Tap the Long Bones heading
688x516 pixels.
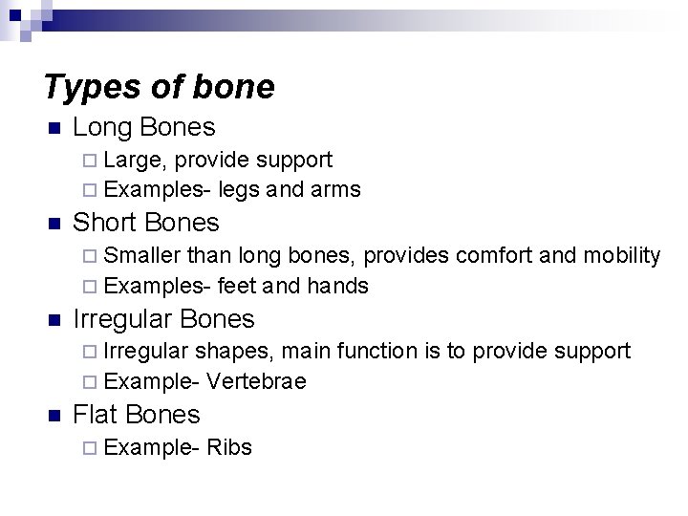[x=144, y=127]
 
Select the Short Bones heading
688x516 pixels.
[x=146, y=223]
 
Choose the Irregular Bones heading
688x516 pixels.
[x=164, y=318]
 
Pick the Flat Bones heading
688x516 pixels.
[x=137, y=414]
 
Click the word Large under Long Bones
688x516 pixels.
[x=136, y=160]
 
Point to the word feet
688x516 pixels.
[x=237, y=285]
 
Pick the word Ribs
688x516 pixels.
[x=228, y=446]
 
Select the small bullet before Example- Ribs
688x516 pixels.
[x=89, y=447]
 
